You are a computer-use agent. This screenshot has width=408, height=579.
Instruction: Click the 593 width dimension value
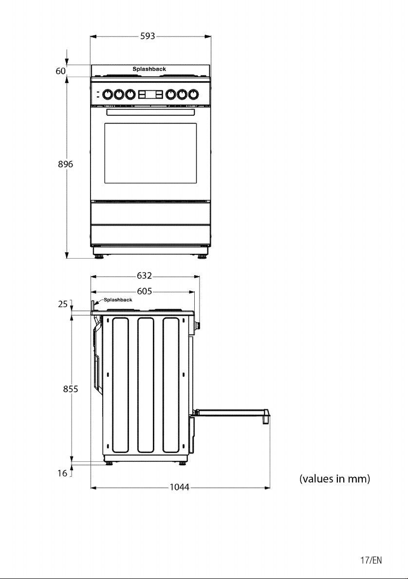tap(147, 36)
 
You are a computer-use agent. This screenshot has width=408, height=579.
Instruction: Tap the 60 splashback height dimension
tap(61, 71)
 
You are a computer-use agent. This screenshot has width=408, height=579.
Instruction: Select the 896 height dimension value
tap(65, 164)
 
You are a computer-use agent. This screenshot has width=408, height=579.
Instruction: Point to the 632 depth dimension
tap(144, 276)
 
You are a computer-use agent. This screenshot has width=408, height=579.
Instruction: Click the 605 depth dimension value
tap(144, 291)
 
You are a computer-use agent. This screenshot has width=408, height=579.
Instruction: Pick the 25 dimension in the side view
tap(63, 304)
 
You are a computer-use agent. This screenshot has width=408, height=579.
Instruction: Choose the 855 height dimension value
tap(70, 389)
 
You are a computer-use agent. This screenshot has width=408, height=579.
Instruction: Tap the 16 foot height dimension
tap(62, 473)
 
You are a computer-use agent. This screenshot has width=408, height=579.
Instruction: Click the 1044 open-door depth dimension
tap(179, 488)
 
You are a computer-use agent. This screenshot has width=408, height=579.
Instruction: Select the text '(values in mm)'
tap(334, 479)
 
